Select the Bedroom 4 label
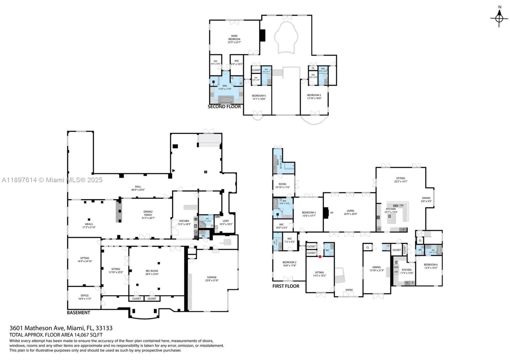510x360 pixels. point(259,97)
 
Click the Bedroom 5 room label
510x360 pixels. point(314,97)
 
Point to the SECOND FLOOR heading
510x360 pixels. point(224,107)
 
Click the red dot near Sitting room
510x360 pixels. point(320,256)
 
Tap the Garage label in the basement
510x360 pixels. point(212,279)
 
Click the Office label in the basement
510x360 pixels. point(84,297)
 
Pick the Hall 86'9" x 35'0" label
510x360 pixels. point(138,188)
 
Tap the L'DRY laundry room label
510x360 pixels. point(226,222)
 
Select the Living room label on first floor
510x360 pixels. point(350,212)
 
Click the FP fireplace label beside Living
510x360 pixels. point(331,212)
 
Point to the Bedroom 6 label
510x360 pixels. point(430,266)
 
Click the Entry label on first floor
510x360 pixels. point(349,290)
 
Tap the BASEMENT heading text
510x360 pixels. point(78,313)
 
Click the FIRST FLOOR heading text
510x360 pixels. point(286,286)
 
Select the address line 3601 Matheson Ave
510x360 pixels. point(61,328)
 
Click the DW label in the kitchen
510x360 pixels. point(401,205)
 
